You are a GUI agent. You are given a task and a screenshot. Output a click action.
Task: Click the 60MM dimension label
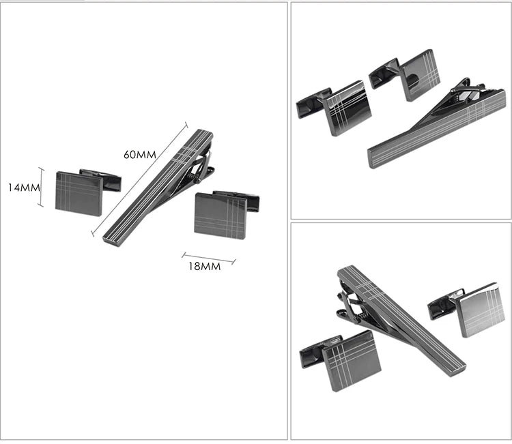tap(139, 154)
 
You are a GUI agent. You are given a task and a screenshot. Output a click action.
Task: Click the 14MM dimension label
tap(22, 187)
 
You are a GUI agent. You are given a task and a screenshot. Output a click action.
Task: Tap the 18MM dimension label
tap(203, 267)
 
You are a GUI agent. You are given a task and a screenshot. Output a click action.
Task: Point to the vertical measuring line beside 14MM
tap(42, 187)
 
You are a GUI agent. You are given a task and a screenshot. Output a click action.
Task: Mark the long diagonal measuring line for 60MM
tap(139, 178)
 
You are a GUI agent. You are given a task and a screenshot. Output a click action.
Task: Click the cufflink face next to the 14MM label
tap(79, 194)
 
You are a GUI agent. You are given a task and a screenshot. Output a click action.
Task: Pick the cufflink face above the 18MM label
tap(220, 216)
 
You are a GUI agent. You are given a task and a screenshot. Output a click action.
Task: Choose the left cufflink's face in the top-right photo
tap(348, 108)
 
